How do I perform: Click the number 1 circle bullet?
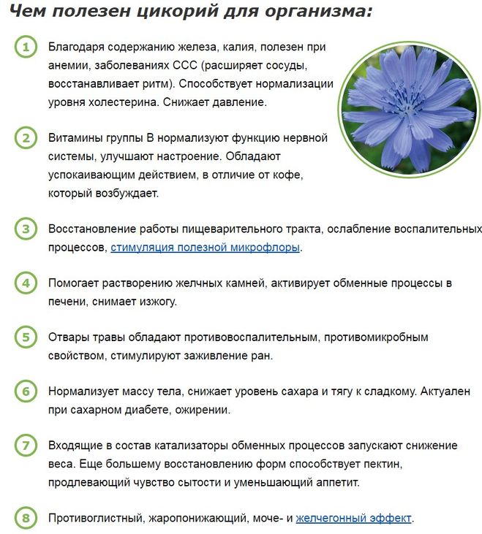(x=25, y=47)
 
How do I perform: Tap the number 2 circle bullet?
(x=25, y=137)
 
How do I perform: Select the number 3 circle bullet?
(x=25, y=229)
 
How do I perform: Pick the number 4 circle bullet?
(x=25, y=283)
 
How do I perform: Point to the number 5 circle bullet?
(x=25, y=337)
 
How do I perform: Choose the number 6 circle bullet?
(x=25, y=391)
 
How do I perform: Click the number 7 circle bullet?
(x=25, y=445)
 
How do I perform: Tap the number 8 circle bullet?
(x=25, y=519)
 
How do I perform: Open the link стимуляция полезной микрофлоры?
(x=206, y=248)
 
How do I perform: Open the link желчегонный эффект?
(x=354, y=519)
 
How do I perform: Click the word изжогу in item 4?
(x=150, y=301)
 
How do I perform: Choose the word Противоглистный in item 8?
(x=96, y=519)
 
